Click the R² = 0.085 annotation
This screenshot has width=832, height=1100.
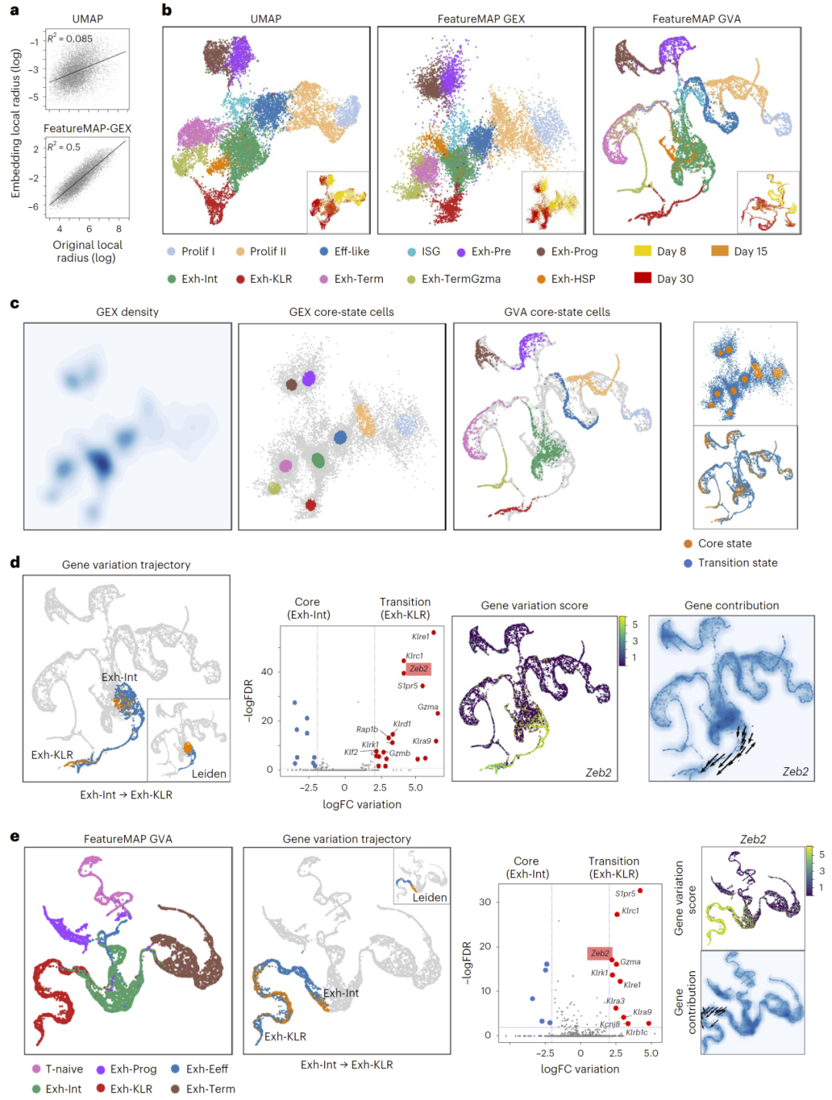pos(70,39)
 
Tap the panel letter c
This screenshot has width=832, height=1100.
pos(15,304)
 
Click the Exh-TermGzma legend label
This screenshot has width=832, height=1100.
pos(461,279)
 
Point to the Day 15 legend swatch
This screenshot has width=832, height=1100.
pos(720,251)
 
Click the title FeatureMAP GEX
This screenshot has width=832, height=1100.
pos(481,18)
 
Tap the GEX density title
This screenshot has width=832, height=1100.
pos(127,312)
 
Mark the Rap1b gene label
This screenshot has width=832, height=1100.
pos(367,729)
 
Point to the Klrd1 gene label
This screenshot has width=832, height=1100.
pos(402,724)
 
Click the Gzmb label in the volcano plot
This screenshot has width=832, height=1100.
pos(400,753)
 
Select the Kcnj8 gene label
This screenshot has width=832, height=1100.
pos(609,1025)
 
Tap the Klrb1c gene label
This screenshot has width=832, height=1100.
pos(636,1032)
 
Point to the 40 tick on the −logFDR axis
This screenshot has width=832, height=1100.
pos(267,672)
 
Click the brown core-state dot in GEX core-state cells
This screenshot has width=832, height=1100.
pos(291,384)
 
